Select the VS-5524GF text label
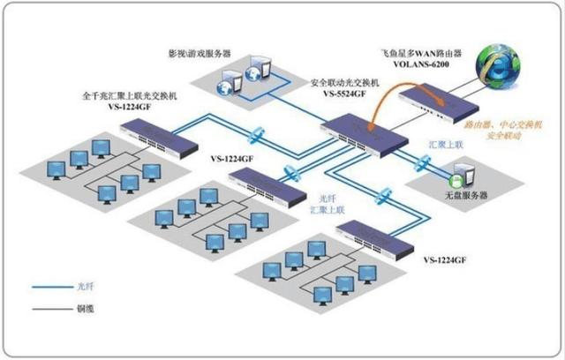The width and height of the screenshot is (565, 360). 343,93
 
